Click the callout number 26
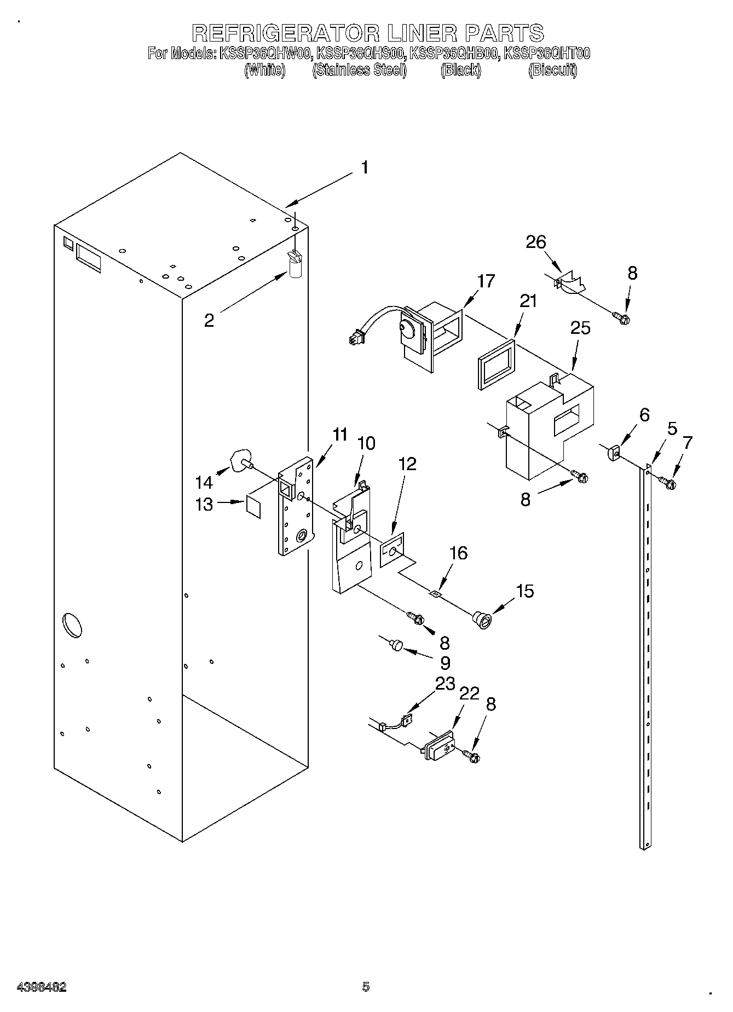click(536, 242)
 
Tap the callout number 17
click(486, 281)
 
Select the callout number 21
click(528, 301)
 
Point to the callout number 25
click(580, 328)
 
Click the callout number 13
click(204, 504)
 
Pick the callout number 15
click(524, 591)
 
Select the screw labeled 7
click(668, 482)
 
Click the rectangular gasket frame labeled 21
click(497, 365)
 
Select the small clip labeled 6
click(613, 453)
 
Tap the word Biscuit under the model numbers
click(552, 70)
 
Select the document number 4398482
click(42, 986)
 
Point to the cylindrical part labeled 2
click(296, 268)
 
